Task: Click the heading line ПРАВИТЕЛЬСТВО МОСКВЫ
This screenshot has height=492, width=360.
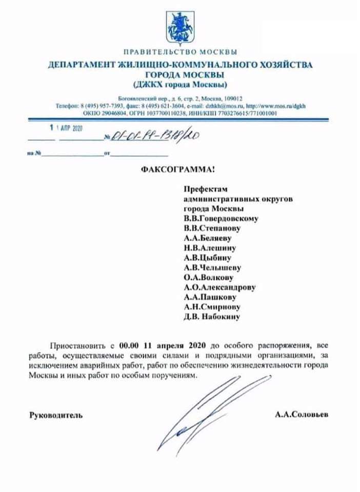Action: tap(179, 52)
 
